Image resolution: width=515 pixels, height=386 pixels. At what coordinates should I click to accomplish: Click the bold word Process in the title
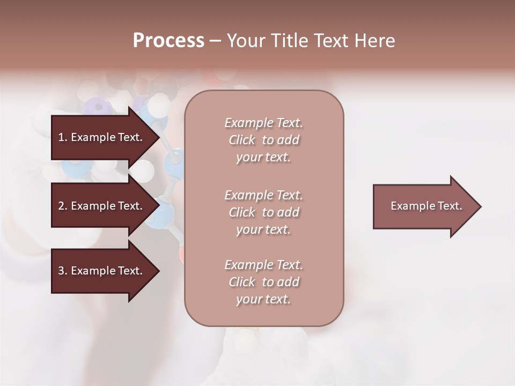coord(168,41)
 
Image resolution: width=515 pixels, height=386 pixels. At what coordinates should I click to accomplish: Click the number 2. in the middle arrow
coord(62,206)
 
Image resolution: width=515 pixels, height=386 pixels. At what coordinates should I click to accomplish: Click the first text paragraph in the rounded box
coord(263,140)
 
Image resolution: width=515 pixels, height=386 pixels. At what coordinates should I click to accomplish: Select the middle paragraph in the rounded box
coord(263,212)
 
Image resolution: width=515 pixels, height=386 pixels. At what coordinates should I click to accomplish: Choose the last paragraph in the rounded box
coord(263,282)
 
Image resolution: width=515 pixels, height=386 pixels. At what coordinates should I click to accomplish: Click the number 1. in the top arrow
coord(62,137)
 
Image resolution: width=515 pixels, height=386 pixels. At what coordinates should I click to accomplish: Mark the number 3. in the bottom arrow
coord(62,271)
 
